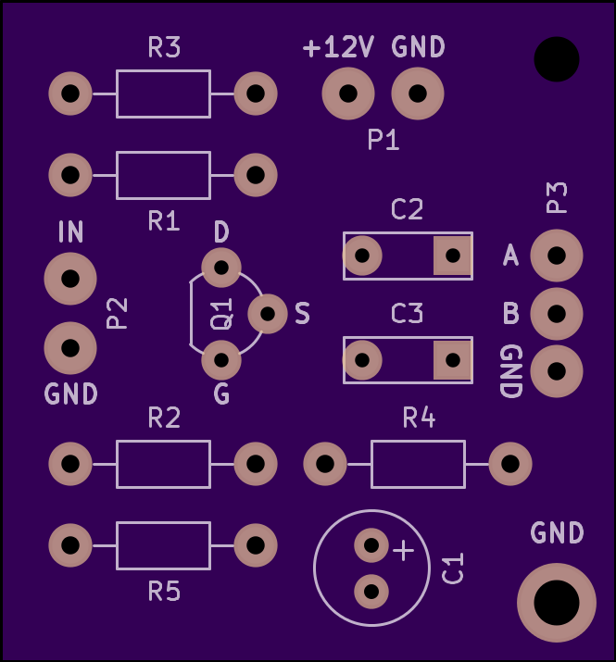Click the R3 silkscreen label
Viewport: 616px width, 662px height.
coord(164,47)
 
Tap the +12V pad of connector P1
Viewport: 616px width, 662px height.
coord(348,94)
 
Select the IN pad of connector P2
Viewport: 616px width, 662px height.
coord(70,279)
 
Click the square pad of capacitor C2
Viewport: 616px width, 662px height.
coord(452,255)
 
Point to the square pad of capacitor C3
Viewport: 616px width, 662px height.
coord(452,360)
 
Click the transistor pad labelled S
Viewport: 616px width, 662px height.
coord(268,314)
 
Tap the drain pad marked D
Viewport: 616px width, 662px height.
coord(221,268)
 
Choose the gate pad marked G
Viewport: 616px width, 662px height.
coord(221,360)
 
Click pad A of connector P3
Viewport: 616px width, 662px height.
coord(557,256)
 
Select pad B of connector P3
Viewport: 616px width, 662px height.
coord(557,314)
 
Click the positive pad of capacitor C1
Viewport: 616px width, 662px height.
coord(371,545)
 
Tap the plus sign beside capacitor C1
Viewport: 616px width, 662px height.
coord(404,551)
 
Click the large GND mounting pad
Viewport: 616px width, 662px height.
coord(557,603)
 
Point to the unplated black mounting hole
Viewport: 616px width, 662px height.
coord(557,59)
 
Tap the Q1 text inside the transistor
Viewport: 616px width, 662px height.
coord(221,314)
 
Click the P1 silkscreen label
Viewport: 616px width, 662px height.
coord(383,140)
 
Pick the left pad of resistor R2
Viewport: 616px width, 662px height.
coord(70,464)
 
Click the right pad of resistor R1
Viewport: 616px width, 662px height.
coord(256,175)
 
